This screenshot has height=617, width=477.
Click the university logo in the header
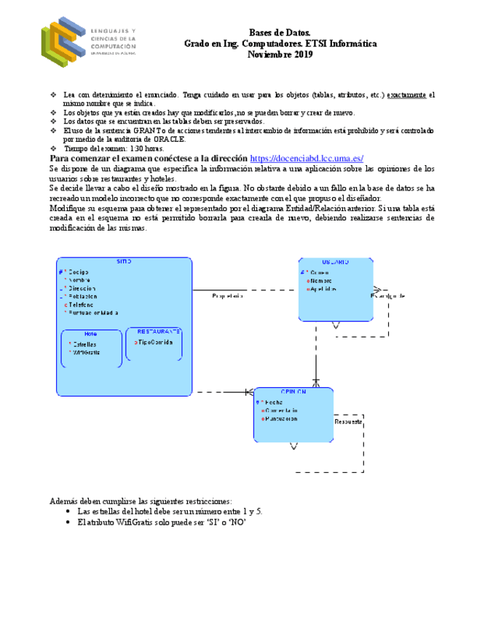click(x=87, y=41)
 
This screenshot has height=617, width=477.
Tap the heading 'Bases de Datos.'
click(x=280, y=33)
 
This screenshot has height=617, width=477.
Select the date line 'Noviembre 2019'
click(x=280, y=55)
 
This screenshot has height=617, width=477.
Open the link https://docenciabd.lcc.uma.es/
click(x=306, y=159)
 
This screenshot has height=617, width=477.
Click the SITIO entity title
click(x=125, y=261)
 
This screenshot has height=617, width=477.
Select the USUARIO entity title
click(x=335, y=262)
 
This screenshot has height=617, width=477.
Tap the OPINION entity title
click(x=293, y=391)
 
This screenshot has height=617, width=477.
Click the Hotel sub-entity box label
click(x=90, y=334)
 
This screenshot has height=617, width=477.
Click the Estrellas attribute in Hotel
click(x=85, y=343)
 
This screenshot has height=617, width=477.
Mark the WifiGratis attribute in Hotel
click(x=87, y=352)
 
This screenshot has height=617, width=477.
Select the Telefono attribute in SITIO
click(x=82, y=304)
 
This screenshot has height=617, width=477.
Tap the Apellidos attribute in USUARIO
click(x=323, y=289)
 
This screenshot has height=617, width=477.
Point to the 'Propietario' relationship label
click(x=228, y=296)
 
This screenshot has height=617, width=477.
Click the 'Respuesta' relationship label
click(x=347, y=422)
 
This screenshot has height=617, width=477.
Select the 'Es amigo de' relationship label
click(x=387, y=295)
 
